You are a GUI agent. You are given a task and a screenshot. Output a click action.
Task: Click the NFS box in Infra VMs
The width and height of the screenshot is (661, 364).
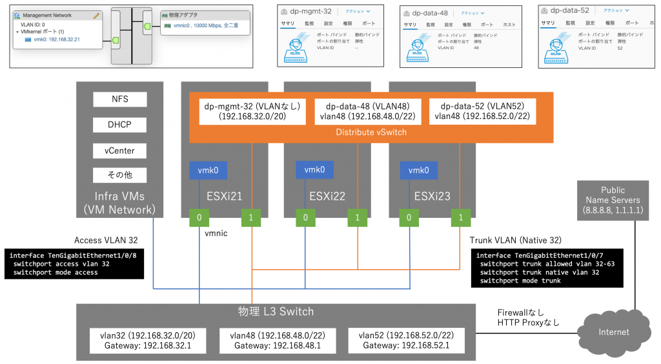tap(119, 100)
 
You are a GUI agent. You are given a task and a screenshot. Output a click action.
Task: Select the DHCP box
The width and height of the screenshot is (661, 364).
tap(119, 125)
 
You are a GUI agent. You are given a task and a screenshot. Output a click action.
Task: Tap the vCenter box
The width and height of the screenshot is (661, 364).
tap(119, 150)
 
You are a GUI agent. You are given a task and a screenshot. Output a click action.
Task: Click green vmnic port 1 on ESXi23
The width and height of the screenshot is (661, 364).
tap(460, 219)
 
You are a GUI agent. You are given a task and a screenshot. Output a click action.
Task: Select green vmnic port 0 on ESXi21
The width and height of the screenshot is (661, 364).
tap(199, 219)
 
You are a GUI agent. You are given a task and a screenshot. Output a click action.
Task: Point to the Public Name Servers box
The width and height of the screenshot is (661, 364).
tap(613, 200)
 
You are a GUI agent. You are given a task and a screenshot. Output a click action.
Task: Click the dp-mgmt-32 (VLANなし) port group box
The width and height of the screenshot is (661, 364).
tap(250, 111)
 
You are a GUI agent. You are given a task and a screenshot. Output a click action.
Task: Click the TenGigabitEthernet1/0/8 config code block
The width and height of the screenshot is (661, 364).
tap(74, 264)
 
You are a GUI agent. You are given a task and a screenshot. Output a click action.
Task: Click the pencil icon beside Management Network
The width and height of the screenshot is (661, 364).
tap(96, 15)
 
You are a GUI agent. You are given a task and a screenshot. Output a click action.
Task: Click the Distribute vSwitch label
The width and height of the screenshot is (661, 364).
tap(371, 132)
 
